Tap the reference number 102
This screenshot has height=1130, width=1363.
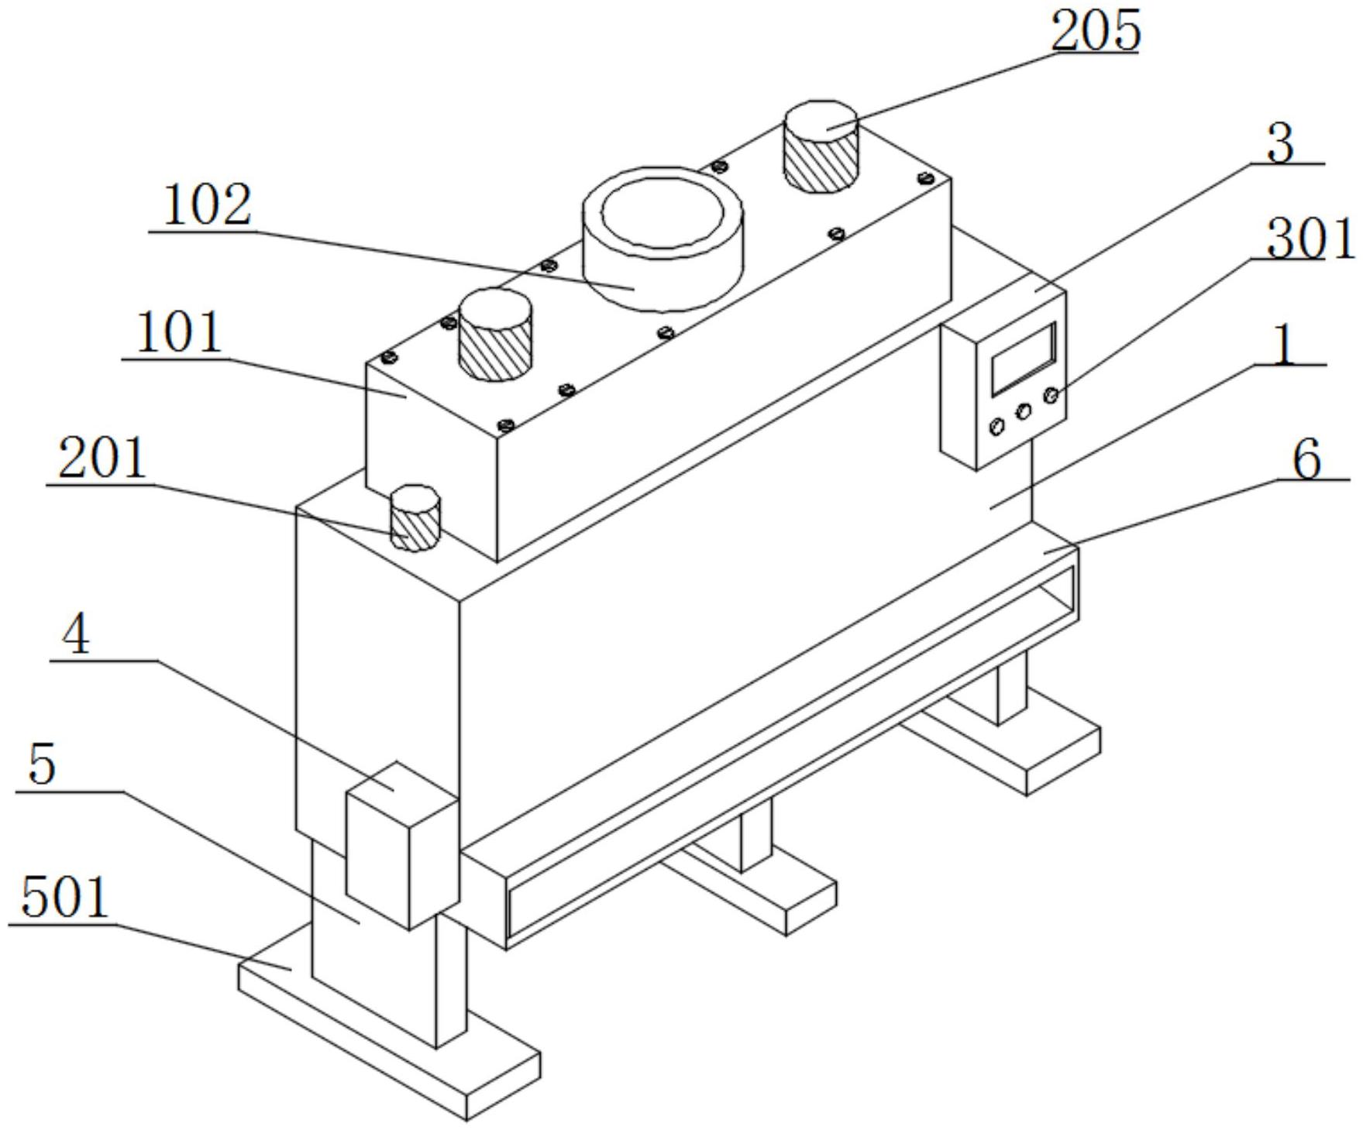208,205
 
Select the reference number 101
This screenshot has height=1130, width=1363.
180,333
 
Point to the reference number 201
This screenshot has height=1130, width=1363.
102,459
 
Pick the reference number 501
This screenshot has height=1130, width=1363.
65,898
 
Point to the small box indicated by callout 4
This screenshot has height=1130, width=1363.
401,844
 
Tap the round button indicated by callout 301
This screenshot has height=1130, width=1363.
1052,396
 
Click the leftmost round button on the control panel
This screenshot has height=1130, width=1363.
996,426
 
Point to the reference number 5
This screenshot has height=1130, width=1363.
42,764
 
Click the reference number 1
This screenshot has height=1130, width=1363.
1284,345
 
